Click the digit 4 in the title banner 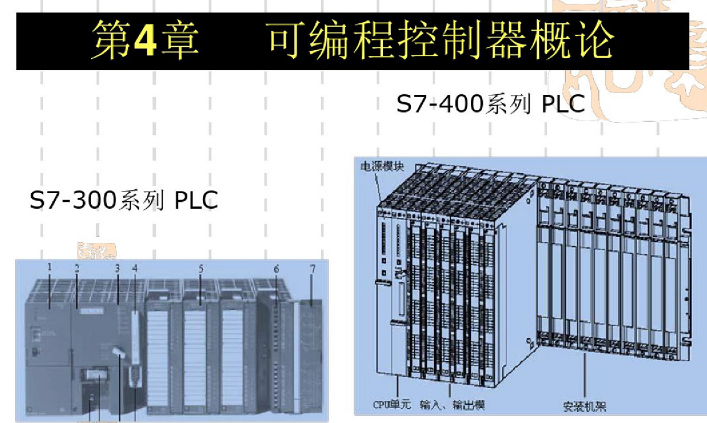pos(145,40)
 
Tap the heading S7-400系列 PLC pos(490,104)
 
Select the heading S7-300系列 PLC pos(124,200)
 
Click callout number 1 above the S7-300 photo pos(49,267)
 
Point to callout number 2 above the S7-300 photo pos(77,268)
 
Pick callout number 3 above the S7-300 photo pos(117,268)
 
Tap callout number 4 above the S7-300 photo pos(134,268)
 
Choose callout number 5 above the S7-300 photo pos(200,269)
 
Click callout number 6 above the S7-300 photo pos(276,269)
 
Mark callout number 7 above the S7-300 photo pos(312,269)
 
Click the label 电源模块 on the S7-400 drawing pos(382,166)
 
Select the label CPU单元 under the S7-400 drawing pos(392,404)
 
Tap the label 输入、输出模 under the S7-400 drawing pos(452,405)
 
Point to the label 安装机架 pos(585,407)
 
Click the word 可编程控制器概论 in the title pos(440,40)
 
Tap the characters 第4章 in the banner pos(145,40)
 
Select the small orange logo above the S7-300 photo pos(96,251)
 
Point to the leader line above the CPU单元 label pos(398,386)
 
